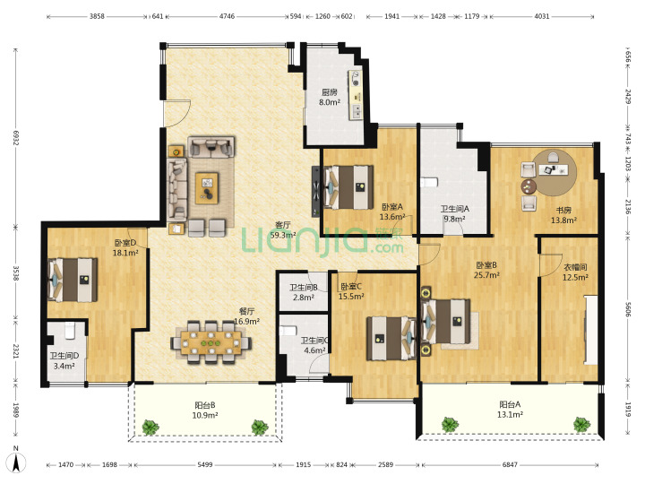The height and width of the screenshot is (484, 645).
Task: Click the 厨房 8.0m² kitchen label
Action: [330, 98]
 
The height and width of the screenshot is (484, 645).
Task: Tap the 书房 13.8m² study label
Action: [563, 215]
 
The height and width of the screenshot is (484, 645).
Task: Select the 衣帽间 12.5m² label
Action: [575, 272]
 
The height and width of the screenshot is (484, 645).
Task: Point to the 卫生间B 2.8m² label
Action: [304, 292]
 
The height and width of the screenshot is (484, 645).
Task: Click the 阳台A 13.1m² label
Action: [510, 410]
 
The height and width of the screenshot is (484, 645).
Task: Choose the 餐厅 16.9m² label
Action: [247, 316]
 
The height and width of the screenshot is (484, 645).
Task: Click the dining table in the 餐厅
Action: [211, 342]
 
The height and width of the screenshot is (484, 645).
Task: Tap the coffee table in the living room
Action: [207, 188]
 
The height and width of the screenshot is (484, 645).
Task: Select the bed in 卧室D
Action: [73, 280]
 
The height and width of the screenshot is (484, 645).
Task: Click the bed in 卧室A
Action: [348, 187]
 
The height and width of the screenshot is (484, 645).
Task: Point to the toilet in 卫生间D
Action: [70, 331]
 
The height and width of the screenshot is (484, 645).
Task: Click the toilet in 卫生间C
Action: [288, 331]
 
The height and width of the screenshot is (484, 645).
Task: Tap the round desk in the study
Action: [555, 173]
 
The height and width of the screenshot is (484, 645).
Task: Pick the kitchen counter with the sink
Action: [356, 95]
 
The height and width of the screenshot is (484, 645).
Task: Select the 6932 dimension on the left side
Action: [16, 138]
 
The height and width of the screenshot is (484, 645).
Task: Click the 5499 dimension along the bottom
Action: [205, 464]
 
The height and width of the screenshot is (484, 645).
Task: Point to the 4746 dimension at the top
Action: [227, 16]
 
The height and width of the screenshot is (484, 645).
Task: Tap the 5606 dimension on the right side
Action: [628, 309]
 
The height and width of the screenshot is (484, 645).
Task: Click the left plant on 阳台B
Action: [150, 428]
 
